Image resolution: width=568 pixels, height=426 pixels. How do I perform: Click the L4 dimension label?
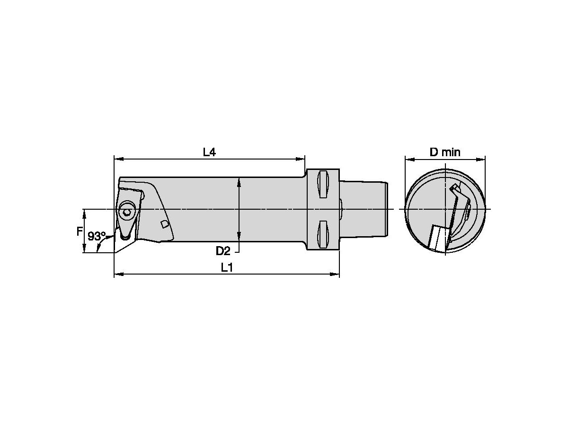[x=209, y=152]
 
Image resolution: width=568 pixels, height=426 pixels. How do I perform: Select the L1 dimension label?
[x=227, y=267]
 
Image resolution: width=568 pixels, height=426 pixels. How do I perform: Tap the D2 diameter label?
[x=223, y=250]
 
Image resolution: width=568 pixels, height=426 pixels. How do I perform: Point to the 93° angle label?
[x=97, y=236]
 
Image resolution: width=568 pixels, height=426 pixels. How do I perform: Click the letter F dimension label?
[x=80, y=232]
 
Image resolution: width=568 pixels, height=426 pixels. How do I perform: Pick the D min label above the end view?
[x=444, y=152]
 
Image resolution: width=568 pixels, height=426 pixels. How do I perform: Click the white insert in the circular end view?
[x=437, y=238]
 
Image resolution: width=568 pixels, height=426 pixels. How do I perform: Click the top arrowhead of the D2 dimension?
[x=240, y=180]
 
